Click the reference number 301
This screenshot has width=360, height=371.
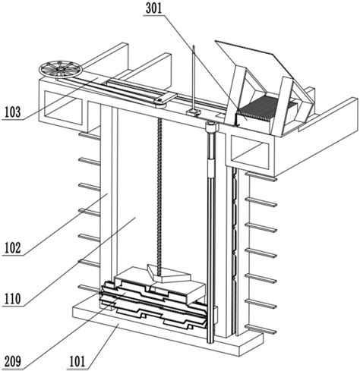153,8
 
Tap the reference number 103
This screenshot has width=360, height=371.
12,112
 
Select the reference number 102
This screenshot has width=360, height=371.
12,248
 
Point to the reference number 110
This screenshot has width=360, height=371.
12,299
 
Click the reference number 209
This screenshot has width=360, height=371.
12,361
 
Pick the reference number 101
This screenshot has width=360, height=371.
77,361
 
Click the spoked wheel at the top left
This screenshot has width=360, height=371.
61,69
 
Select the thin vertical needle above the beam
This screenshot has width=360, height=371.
194,77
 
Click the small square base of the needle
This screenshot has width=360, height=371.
193,112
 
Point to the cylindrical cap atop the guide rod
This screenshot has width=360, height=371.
211,127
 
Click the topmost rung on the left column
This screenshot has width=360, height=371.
89,136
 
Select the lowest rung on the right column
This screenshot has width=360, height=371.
261,329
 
